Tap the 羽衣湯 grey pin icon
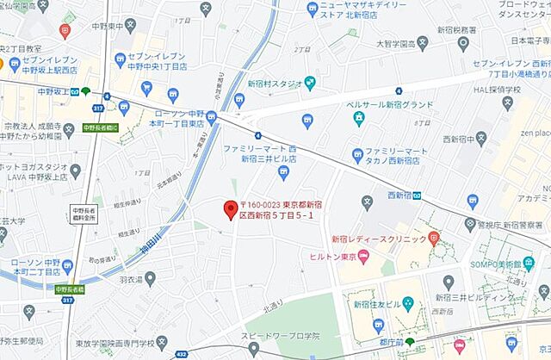tap(150, 278)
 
